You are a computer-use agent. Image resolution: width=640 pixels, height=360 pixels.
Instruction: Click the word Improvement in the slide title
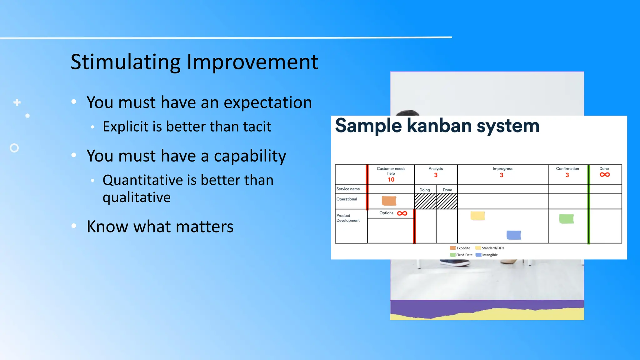252,62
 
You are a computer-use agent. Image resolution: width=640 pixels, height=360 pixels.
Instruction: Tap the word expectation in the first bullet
268,102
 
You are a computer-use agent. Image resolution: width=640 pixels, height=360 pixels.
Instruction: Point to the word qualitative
137,197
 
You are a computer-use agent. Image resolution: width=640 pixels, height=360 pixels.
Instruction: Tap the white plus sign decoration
17,102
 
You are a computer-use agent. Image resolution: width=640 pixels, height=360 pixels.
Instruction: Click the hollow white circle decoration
14,148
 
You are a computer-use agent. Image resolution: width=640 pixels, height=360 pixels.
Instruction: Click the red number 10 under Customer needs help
391,180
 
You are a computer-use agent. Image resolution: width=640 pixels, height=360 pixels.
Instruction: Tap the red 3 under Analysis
436,175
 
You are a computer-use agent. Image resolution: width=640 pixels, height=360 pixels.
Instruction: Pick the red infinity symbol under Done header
604,175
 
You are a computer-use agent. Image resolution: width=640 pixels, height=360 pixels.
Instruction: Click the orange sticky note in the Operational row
389,201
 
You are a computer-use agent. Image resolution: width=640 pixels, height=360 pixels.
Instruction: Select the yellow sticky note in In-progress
477,216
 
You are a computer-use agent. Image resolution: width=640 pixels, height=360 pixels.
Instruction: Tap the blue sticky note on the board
514,235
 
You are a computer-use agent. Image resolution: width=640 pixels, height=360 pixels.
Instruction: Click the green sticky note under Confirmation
566,218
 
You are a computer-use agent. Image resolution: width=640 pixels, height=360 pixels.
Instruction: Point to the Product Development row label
348,218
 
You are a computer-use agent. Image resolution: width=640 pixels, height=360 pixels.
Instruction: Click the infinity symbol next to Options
402,213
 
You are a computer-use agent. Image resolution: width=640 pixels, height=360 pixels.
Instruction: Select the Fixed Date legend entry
461,255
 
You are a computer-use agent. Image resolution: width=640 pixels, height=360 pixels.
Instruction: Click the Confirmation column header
567,169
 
